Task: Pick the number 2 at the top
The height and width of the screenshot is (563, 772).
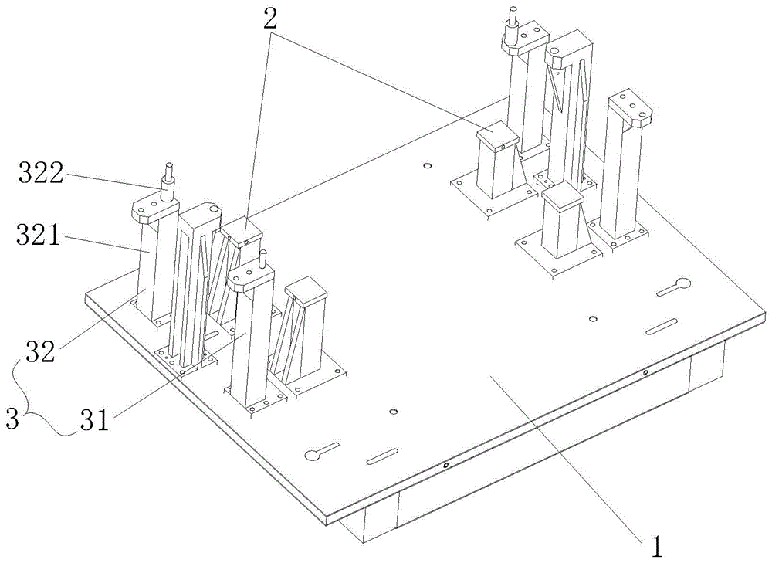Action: point(269,22)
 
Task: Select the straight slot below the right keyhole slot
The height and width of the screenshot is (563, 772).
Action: point(662,327)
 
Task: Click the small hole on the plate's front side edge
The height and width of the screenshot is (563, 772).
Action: point(445,466)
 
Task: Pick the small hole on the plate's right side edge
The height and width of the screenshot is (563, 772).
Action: point(645,374)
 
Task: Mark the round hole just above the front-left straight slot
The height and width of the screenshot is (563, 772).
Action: point(393,412)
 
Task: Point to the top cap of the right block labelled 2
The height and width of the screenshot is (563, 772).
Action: point(499,136)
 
